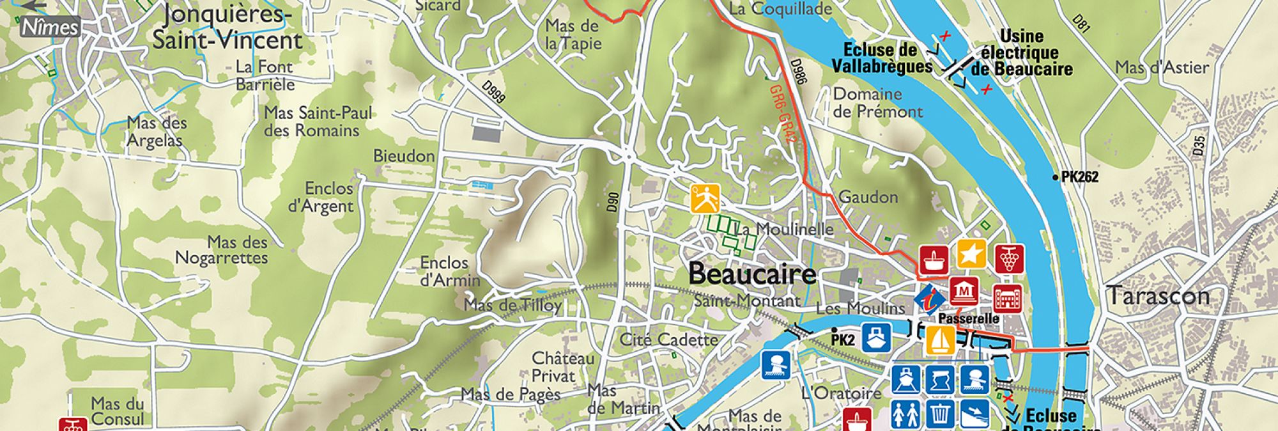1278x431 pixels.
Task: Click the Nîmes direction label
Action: tap(50, 27)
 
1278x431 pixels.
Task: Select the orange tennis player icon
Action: tap(705, 198)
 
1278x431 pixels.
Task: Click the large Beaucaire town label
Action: tap(752, 274)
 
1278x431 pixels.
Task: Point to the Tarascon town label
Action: tap(1158, 296)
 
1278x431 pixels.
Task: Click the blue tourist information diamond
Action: tap(930, 299)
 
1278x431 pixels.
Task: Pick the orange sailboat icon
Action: tap(941, 340)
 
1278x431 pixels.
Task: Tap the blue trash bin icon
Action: tap(940, 413)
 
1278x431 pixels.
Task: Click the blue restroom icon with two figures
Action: tap(905, 413)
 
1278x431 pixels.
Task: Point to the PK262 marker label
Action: tap(1079, 177)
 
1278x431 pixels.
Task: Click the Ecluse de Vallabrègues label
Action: tap(882, 58)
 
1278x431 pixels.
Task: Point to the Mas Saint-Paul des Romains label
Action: tap(318, 121)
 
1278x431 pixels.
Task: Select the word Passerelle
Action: tap(969, 318)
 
